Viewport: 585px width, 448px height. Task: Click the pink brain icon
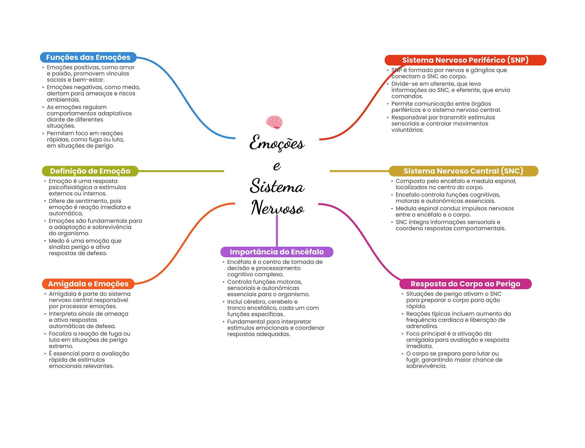pyautogui.click(x=274, y=122)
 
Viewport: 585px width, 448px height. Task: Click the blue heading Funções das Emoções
pyautogui.click(x=88, y=57)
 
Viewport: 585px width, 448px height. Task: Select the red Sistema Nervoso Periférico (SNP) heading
pyautogui.click(x=465, y=60)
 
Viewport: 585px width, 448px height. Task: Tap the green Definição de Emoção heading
pyautogui.click(x=90, y=171)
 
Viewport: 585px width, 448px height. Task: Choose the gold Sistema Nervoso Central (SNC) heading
pyautogui.click(x=463, y=171)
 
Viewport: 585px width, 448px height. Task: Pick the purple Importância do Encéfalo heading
pyautogui.click(x=277, y=252)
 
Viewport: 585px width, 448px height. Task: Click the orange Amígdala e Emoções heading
pyautogui.click(x=88, y=284)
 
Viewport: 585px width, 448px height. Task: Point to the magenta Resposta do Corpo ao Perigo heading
pyautogui.click(x=465, y=284)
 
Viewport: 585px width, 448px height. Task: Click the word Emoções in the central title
pyautogui.click(x=277, y=143)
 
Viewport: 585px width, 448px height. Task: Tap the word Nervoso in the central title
pyautogui.click(x=277, y=208)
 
